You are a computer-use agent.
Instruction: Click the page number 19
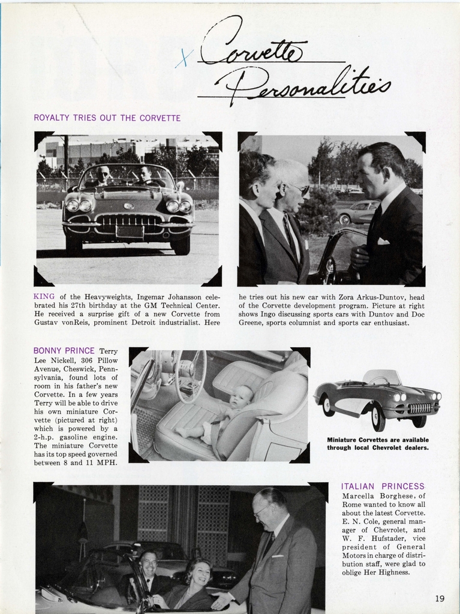[x=440, y=598]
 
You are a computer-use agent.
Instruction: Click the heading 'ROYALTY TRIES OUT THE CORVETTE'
[x=107, y=118]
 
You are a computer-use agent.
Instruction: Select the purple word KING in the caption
[x=44, y=296]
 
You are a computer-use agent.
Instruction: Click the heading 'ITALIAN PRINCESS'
[x=383, y=486]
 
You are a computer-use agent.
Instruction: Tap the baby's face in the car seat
[x=242, y=397]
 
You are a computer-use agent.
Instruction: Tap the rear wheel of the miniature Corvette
[x=329, y=405]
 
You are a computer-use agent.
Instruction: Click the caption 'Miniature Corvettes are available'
[x=378, y=440]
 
